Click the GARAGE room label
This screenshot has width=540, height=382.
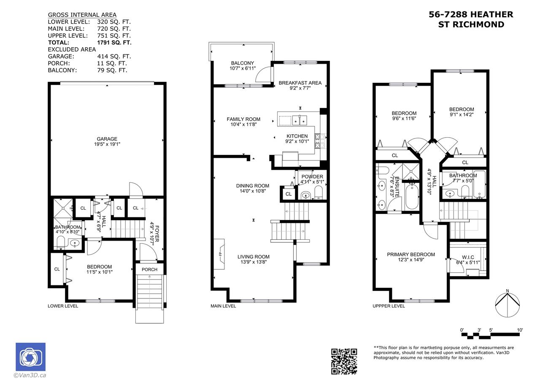(107, 139)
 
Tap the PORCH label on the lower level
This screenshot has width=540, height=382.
(149, 270)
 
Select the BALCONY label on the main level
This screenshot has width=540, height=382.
(243, 63)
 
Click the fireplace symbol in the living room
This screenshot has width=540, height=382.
(219, 254)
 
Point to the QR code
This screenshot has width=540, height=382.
(344, 361)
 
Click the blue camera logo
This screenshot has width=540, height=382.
(31, 357)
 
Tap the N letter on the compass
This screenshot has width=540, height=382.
(508, 291)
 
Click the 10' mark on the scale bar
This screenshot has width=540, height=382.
(520, 330)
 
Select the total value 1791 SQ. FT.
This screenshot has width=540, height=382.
(114, 43)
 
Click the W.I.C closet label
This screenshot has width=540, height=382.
(468, 257)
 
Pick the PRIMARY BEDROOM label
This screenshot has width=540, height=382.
(411, 255)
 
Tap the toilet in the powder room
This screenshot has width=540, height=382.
(319, 192)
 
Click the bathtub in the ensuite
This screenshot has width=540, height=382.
(412, 197)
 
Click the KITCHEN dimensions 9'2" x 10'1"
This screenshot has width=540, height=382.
(297, 141)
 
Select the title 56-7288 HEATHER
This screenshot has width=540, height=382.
(471, 14)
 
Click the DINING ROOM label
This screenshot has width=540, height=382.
(253, 186)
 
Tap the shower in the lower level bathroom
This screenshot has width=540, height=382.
(63, 208)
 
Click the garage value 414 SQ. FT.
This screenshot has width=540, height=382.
(114, 57)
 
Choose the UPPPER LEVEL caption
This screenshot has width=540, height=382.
(389, 306)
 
